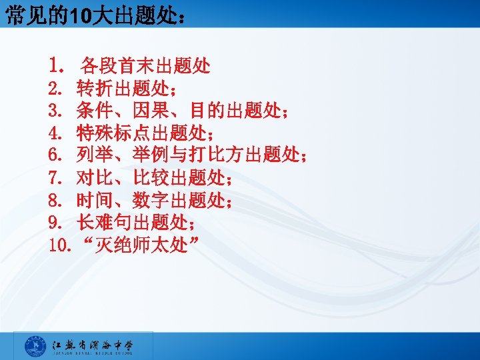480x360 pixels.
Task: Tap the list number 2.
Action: coord(55,88)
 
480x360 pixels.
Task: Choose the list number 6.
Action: coord(55,156)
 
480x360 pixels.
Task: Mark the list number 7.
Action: coord(55,179)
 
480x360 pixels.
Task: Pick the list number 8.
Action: coord(55,201)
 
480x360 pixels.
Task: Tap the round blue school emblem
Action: coord(35,347)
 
